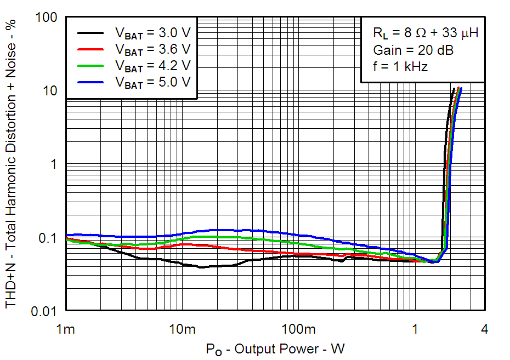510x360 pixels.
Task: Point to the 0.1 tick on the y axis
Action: [50, 238]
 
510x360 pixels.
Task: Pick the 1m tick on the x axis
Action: [66, 329]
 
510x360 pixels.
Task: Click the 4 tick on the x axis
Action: [484, 329]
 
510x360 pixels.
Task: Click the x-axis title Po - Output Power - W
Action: [275, 348]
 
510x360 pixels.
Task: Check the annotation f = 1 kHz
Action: [400, 67]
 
